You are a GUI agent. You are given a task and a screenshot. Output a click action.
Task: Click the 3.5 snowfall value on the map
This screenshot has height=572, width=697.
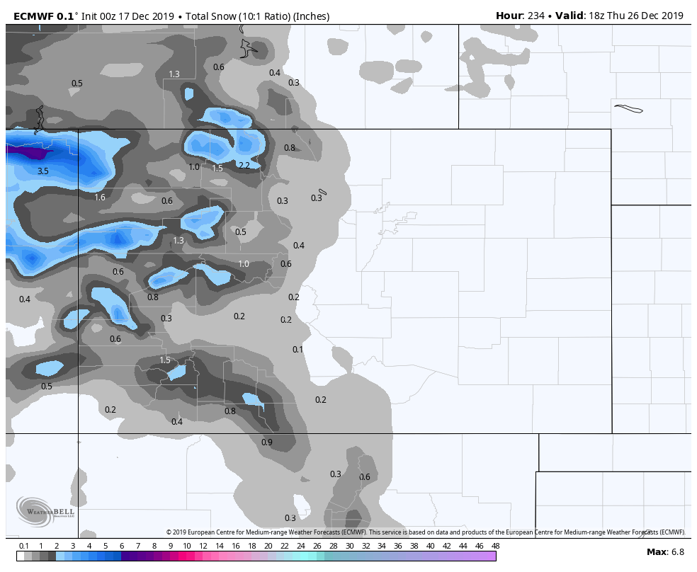click(43, 171)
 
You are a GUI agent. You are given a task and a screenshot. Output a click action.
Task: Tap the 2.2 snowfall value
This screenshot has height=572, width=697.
click(244, 166)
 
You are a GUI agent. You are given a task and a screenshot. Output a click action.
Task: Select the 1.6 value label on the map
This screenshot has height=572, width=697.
click(100, 198)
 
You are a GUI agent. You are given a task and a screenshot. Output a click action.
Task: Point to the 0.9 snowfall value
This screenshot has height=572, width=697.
click(267, 442)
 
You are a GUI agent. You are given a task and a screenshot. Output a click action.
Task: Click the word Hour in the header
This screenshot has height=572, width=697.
click(509, 16)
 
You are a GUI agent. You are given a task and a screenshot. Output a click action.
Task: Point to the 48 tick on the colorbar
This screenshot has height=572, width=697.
click(495, 546)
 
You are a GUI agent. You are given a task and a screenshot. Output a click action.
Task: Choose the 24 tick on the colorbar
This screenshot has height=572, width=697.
click(300, 546)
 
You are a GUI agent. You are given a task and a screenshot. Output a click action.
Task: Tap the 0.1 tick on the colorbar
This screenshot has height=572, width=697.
click(23, 546)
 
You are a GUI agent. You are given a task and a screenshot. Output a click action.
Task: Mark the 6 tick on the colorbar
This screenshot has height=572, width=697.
click(122, 546)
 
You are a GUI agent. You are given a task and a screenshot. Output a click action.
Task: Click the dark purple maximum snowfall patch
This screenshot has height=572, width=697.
click(32, 152)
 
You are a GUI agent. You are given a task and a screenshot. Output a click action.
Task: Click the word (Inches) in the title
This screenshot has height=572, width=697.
click(309, 16)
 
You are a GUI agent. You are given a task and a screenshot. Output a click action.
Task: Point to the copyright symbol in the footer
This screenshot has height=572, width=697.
click(169, 532)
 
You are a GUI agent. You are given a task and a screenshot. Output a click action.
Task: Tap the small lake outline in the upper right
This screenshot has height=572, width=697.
click(629, 109)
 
